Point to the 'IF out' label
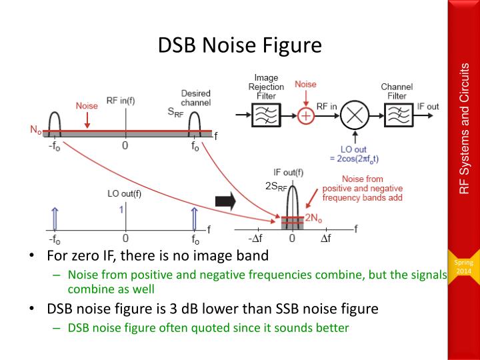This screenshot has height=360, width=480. pyautogui.click(x=428, y=107)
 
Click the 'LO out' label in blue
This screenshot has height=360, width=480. pyautogui.click(x=353, y=150)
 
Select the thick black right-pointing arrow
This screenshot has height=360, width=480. pyautogui.click(x=225, y=202)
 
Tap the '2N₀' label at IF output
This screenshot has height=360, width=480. pyautogui.click(x=313, y=217)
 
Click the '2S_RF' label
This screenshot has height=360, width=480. pyautogui.click(x=276, y=187)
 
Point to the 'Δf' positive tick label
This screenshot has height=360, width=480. pyautogui.click(x=326, y=238)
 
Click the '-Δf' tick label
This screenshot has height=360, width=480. pyautogui.click(x=255, y=238)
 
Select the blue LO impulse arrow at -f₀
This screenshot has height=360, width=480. pyautogui.click(x=55, y=219)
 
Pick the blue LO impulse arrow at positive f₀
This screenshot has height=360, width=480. pyautogui.click(x=194, y=219)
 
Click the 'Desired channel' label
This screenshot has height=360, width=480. pyautogui.click(x=196, y=98)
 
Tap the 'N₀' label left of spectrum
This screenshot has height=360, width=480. pyautogui.click(x=36, y=130)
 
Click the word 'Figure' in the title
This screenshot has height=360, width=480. pyautogui.click(x=292, y=45)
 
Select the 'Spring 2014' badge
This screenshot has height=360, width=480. pyautogui.click(x=464, y=267)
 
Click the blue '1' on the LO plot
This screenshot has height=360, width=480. pyautogui.click(x=121, y=210)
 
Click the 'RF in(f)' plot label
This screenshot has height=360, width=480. pyautogui.click(x=121, y=101)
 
